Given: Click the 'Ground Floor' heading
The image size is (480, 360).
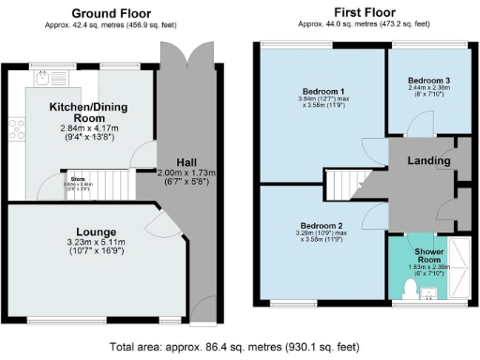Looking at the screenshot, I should (113, 13).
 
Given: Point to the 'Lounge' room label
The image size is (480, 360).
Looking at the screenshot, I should (97, 232).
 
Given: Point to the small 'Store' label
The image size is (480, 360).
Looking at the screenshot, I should (72, 179).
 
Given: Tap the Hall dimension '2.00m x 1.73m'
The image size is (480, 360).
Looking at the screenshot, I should (186, 173).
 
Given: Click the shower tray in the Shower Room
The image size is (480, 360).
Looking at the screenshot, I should (459, 266).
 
